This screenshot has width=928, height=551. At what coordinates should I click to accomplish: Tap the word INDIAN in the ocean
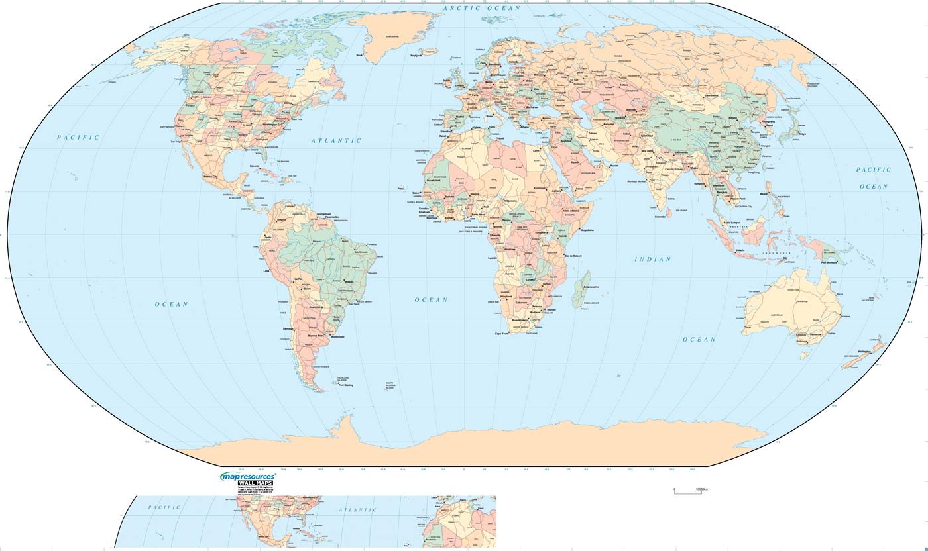pyautogui.click(x=653, y=259)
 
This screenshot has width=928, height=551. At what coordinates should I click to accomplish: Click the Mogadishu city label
pyautogui.click(x=587, y=230)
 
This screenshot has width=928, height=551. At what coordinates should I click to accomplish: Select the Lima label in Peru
pyautogui.click(x=266, y=271)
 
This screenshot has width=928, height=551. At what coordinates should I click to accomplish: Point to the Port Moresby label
pyautogui.click(x=830, y=263)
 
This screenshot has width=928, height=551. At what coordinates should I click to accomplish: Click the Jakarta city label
pyautogui.click(x=740, y=250)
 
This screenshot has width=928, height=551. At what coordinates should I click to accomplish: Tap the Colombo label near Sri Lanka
pyautogui.click(x=660, y=217)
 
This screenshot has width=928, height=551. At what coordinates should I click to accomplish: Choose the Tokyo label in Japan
pyautogui.click(x=802, y=134)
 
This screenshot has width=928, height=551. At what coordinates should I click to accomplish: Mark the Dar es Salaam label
pyautogui.click(x=573, y=256)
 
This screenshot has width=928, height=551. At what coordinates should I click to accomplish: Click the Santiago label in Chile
pyautogui.click(x=287, y=328)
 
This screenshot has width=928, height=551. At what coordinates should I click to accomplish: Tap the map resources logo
pyautogui.click(x=248, y=476)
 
